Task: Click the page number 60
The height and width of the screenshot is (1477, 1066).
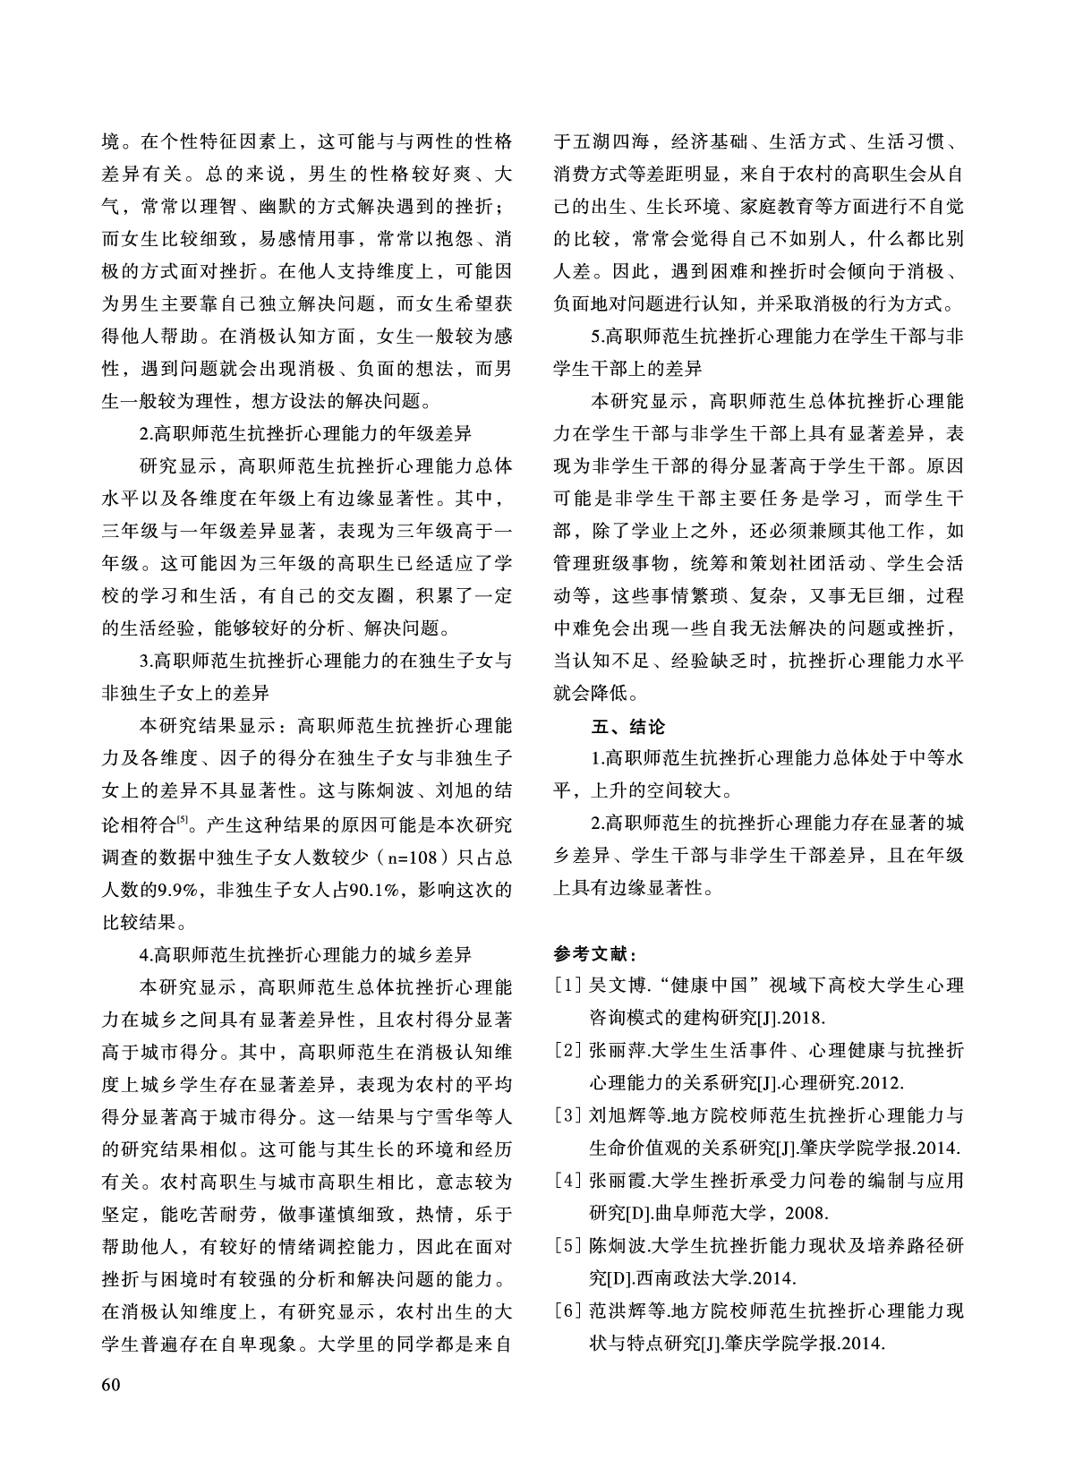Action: pyautogui.click(x=111, y=1385)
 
